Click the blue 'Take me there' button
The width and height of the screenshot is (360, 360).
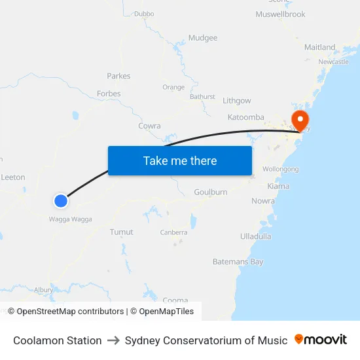click(179, 160)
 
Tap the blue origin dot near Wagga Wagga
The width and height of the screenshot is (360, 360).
click(61, 201)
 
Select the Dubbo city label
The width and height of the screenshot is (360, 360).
click(143, 13)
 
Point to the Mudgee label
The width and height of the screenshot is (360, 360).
click(203, 38)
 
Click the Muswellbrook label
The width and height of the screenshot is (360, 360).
click(280, 14)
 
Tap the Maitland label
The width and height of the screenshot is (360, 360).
click(319, 47)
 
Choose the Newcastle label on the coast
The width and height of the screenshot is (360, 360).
click(333, 62)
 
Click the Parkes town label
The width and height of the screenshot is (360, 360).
click(118, 76)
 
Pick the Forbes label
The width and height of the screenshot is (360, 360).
click(109, 94)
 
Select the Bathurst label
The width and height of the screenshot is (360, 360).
click(202, 96)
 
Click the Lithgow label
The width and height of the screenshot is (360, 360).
click(236, 101)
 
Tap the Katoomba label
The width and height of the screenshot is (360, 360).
click(245, 117)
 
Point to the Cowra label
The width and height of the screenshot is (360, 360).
click(149, 126)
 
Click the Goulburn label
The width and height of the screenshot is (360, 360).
click(210, 192)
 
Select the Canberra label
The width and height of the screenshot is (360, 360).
click(173, 232)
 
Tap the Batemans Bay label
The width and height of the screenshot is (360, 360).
click(238, 262)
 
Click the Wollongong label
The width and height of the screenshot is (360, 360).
click(280, 169)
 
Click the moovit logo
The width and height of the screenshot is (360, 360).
click(320, 340)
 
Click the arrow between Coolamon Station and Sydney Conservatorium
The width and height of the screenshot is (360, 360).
click(113, 340)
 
